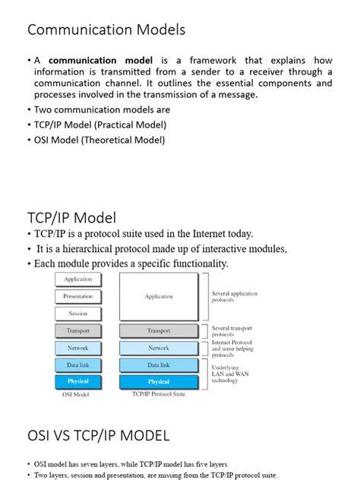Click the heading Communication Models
click(106, 30)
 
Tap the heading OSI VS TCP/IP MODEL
click(99, 435)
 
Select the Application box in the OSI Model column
click(78, 279)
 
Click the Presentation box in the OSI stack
click(78, 296)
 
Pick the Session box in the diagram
click(78, 313)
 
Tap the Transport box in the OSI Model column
click(78, 331)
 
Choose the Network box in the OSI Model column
click(78, 348)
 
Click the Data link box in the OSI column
click(78, 365)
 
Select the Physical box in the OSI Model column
click(78, 381)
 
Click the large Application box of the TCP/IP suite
click(159, 296)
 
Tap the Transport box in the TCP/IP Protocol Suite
click(159, 331)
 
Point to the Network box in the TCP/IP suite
click(159, 348)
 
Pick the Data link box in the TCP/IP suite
click(159, 365)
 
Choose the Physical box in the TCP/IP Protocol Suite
click(159, 381)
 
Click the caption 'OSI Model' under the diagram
click(77, 395)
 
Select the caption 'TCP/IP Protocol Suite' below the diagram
click(159, 395)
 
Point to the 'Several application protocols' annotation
click(234, 296)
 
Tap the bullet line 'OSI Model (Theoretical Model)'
click(99, 140)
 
